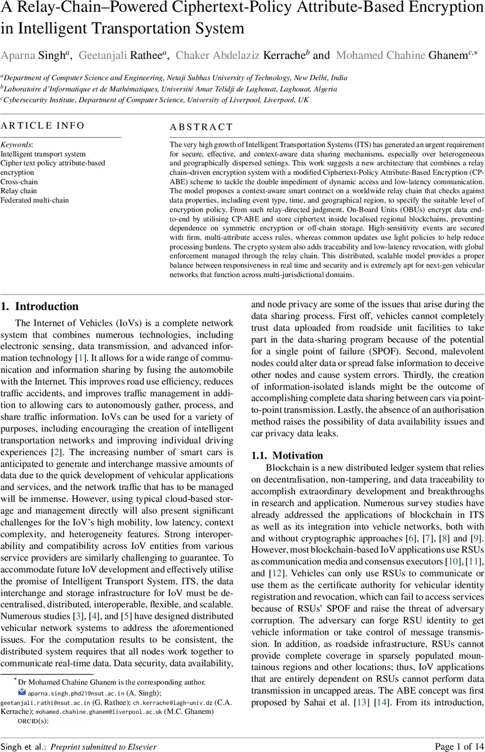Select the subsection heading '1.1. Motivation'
tap(287, 455)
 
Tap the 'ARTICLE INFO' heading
tap(43, 125)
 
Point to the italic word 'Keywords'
tap(16, 144)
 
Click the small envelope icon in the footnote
tap(22, 692)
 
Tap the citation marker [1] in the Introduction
tap(81, 357)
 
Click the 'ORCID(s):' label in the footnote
tap(33, 721)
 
